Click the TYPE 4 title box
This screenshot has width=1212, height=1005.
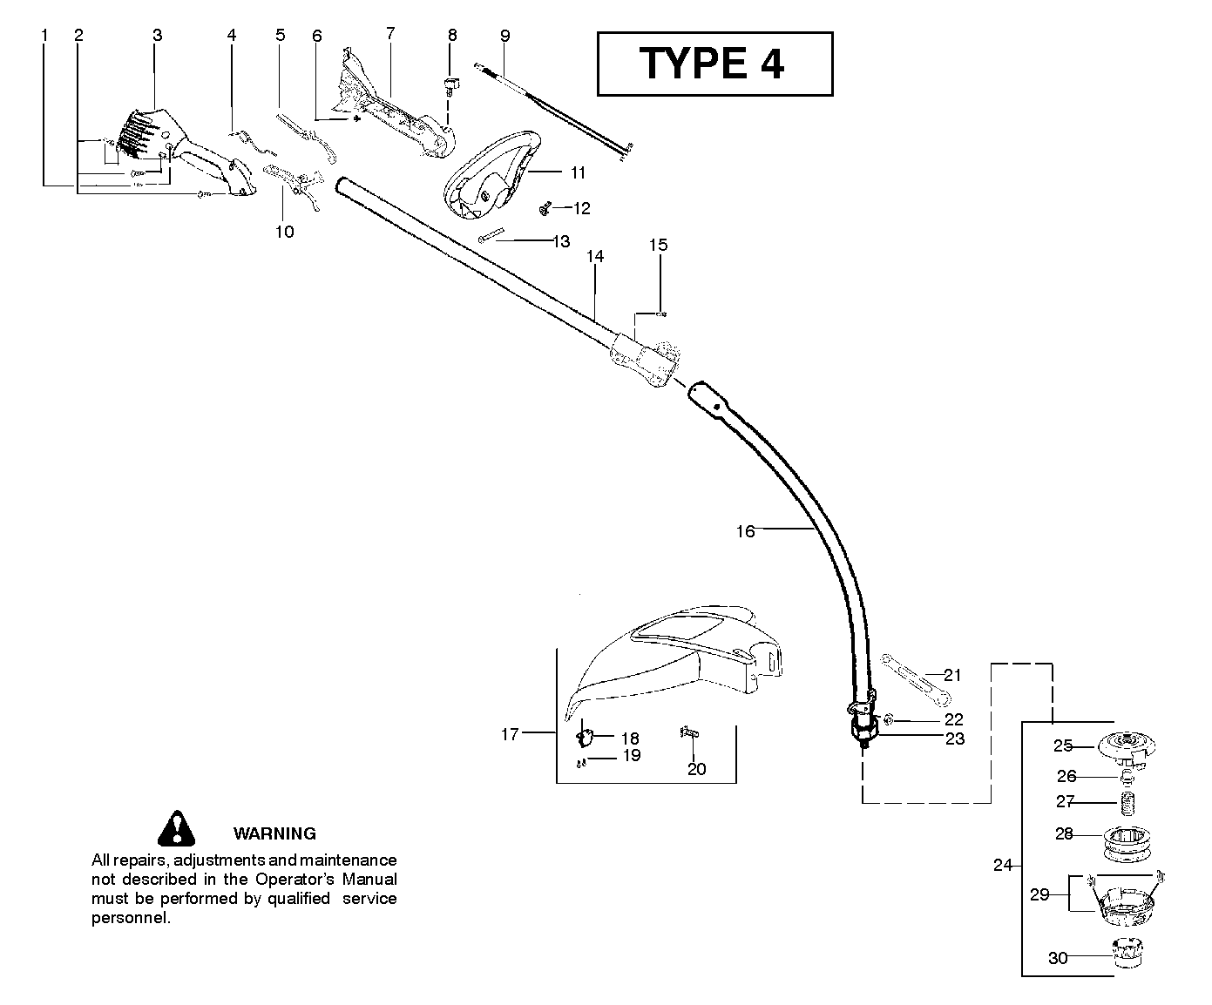tap(714, 64)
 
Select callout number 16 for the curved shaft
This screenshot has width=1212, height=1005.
tap(745, 530)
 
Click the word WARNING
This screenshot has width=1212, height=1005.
tap(274, 833)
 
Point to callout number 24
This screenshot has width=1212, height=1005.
tap(1003, 865)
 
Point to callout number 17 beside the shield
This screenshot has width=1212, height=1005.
tap(510, 734)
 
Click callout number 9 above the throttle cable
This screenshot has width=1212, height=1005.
tap(505, 36)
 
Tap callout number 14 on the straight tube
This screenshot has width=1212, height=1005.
tap(595, 256)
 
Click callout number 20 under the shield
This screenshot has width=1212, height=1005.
tap(697, 769)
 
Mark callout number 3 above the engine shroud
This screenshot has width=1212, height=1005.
tap(157, 35)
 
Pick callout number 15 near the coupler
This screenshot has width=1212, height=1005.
tap(659, 245)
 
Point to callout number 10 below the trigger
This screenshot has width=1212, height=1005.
tap(285, 232)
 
